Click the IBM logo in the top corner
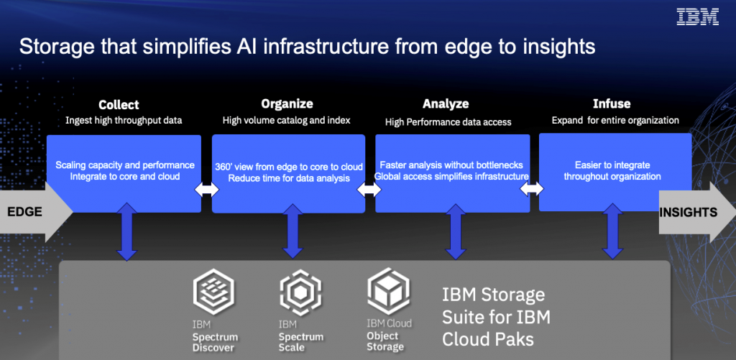(697, 18)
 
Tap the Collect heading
(119, 104)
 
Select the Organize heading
(287, 104)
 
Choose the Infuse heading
(612, 104)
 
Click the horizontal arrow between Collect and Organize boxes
(206, 190)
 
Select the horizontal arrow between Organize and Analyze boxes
(370, 190)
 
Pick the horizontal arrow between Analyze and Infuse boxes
(534, 190)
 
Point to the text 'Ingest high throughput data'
(124, 120)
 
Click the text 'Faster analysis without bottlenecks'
(451, 165)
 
